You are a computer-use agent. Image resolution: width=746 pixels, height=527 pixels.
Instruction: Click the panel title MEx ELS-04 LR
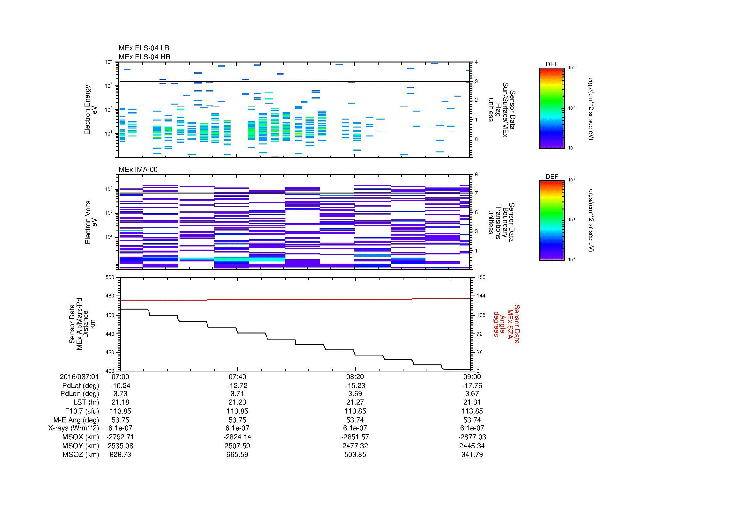[x=144, y=48]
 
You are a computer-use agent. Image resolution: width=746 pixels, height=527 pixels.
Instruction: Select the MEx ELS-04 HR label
[x=144, y=57]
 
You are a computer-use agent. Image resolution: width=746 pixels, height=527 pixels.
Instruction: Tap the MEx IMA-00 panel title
[x=138, y=170]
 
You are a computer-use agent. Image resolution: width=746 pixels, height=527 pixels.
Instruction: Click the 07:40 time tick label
[x=238, y=377]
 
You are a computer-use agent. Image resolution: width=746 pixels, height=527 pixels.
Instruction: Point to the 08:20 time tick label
[x=355, y=377]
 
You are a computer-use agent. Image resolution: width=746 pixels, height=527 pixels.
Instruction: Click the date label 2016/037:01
[x=79, y=377]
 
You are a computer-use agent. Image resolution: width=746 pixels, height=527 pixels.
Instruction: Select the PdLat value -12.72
[x=238, y=386]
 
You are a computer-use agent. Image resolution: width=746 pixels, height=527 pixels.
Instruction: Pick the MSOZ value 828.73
[x=120, y=455]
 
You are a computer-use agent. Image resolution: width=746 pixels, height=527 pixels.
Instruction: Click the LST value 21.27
[x=355, y=402]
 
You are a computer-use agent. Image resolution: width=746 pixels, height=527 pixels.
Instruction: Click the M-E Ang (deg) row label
[x=76, y=420]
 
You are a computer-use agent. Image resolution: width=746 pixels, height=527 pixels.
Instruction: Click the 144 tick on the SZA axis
[x=481, y=296]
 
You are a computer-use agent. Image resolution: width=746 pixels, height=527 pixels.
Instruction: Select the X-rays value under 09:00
[x=472, y=428]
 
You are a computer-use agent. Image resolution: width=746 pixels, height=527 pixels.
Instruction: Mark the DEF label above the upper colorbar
[x=552, y=64]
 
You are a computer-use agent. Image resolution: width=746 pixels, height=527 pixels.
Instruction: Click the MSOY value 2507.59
[x=238, y=446]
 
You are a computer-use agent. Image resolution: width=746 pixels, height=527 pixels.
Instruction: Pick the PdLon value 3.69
[x=355, y=393]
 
